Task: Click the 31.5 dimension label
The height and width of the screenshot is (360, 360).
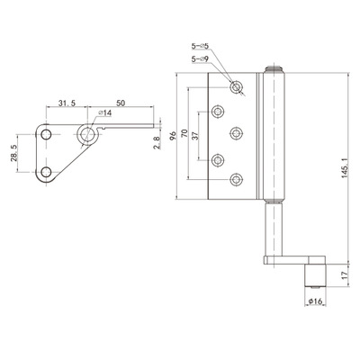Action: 67,103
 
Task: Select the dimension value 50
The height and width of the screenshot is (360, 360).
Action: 121,103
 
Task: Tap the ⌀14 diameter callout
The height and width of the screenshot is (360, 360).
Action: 105,112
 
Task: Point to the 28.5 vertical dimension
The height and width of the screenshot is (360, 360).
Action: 14,152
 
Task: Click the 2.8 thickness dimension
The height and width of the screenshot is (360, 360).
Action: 157,141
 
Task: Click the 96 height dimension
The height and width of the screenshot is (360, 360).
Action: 173,136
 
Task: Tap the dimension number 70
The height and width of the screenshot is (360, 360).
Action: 184,133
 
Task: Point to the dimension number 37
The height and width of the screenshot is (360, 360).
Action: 195,136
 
